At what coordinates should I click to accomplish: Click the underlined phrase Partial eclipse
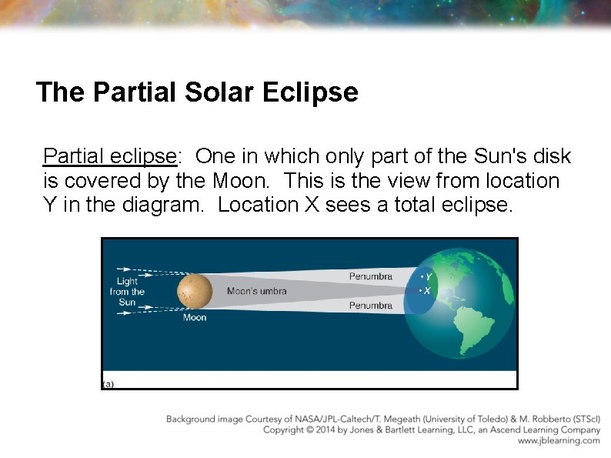click(111, 156)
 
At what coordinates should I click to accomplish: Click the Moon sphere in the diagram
click(194, 292)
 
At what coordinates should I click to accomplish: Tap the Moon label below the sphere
click(194, 317)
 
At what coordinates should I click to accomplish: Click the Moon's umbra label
click(256, 291)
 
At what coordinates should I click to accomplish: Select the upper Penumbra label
click(370, 276)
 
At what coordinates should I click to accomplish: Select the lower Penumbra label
click(370, 306)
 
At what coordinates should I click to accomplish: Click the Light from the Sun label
click(127, 292)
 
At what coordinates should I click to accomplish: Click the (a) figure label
click(108, 383)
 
